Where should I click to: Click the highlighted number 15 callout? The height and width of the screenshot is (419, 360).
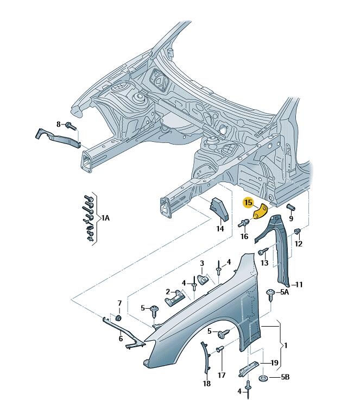coord(248,203)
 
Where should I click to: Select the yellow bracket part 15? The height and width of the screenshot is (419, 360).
coord(262,210)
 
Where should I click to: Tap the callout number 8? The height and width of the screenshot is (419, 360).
coord(59,124)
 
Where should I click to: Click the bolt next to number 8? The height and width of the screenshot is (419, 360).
coord(70,126)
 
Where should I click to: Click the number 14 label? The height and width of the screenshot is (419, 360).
coord(220,229)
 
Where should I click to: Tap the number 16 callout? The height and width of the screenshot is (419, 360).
coord(244,236)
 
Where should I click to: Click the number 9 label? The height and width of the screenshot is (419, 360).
coord(291,218)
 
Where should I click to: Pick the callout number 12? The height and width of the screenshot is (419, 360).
coord(299,244)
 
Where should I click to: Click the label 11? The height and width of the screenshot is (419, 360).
coord(299,284)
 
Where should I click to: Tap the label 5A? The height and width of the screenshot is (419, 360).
coord(285,292)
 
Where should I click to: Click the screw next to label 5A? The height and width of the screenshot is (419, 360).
coord(270,293)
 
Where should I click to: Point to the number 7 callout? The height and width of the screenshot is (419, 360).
coord(120,303)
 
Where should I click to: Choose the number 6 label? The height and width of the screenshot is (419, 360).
coord(121,339)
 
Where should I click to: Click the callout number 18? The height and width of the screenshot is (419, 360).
coord(207,384)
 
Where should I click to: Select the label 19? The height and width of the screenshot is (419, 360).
coord(275,363)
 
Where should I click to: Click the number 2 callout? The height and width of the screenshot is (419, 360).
coord(168,291)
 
